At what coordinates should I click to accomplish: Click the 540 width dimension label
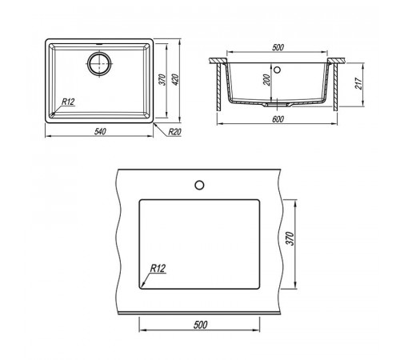pos(100,131)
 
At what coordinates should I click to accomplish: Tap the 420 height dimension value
pos(175,79)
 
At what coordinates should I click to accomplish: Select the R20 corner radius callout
pos(174,132)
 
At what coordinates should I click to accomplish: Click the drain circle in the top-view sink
pos(99,63)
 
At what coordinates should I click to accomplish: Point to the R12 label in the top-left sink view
pos(68,102)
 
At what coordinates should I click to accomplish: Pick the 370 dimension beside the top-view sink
pos(162,79)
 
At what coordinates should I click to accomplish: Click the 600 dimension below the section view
pos(278,119)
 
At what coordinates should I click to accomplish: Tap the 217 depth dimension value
pos(359,83)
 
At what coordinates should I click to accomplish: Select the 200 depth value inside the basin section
pos(266,80)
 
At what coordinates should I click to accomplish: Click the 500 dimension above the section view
pos(278,47)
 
